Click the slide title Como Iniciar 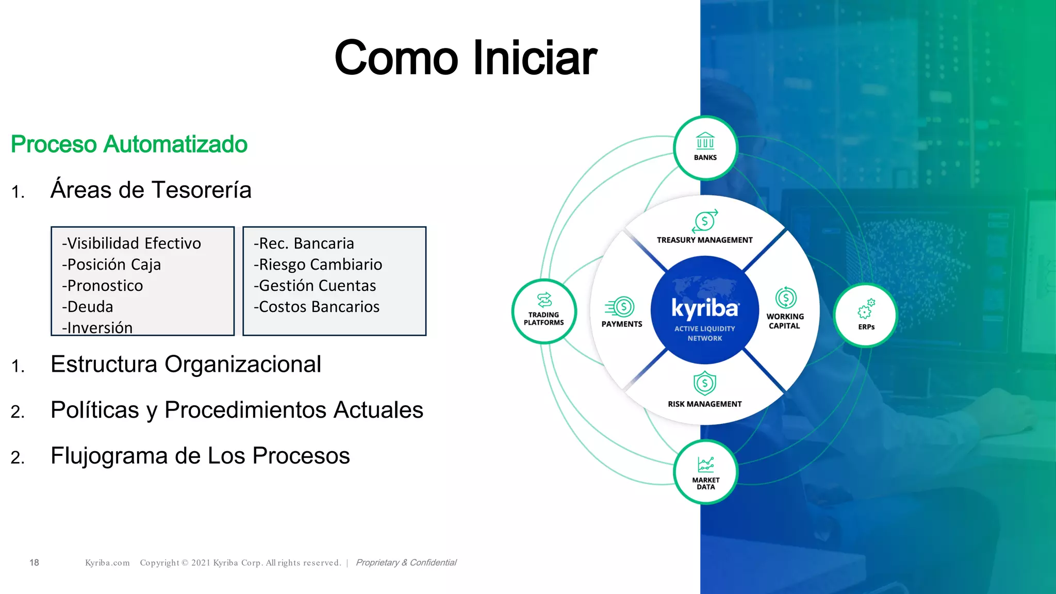465,58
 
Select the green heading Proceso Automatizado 129,144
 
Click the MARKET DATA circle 705,472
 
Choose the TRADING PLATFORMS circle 544,311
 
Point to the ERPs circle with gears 866,315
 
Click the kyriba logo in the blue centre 705,308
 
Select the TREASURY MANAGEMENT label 704,240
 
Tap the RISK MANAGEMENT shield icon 704,383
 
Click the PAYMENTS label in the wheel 622,324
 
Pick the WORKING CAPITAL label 785,321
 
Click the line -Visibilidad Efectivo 131,243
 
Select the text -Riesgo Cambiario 318,265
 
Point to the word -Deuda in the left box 88,307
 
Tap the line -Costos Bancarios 317,307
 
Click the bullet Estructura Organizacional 186,365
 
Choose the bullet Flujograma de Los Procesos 200,456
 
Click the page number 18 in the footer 34,563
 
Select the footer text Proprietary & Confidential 406,563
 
